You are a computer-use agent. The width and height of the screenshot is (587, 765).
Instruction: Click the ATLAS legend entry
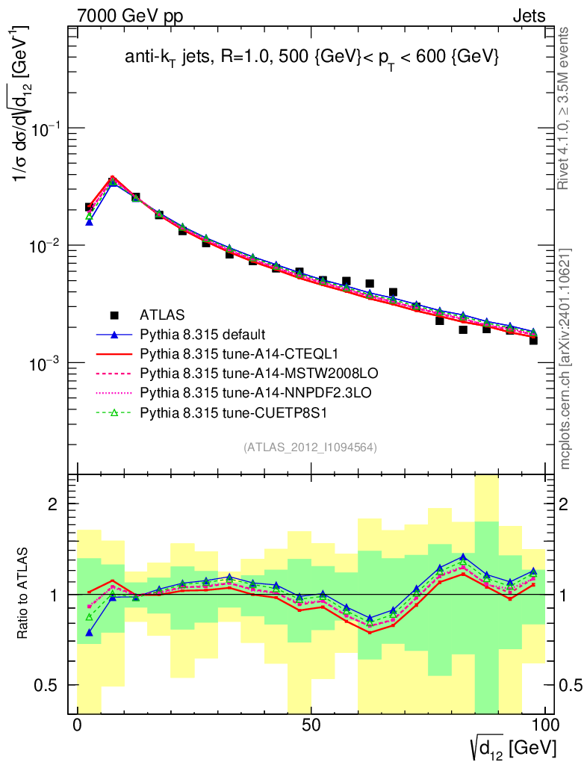[x=162, y=315]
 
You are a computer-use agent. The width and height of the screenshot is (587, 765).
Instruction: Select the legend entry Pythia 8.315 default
[x=203, y=334]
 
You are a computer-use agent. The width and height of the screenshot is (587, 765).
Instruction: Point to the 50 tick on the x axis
[x=311, y=725]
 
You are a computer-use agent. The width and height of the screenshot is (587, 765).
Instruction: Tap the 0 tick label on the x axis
[x=78, y=725]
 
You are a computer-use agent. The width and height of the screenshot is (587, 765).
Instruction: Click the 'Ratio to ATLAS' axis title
[x=25, y=594]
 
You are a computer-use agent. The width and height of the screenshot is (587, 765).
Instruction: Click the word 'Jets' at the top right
[x=529, y=16]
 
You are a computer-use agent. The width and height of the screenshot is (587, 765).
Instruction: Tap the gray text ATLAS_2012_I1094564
[x=309, y=447]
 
